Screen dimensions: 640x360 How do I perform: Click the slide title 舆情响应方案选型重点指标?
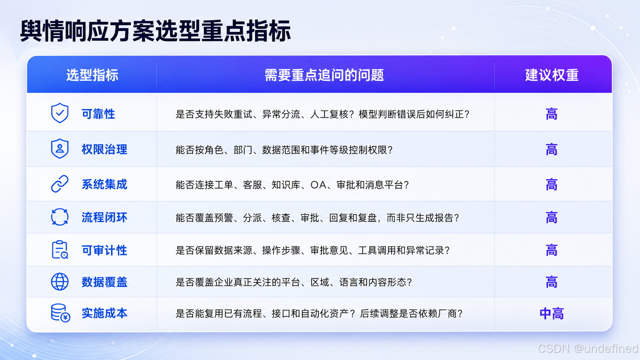pos(155,31)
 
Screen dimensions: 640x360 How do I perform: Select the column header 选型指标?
pos(92,75)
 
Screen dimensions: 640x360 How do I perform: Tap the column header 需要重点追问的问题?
pos(324,75)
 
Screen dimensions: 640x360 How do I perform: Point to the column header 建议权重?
pos(552,75)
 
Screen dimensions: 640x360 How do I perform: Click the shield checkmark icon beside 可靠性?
pos(60,113)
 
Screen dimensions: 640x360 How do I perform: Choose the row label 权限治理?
pos(104,149)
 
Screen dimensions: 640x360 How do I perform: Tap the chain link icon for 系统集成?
pos(60,184)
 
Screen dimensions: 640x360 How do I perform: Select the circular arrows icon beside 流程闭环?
pos(60,217)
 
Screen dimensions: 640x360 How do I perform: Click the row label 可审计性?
pos(104,250)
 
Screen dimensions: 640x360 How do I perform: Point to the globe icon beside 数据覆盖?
pos(60,282)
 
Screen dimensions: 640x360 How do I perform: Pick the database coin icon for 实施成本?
pos(60,313)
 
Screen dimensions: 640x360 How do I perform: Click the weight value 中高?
pos(552,314)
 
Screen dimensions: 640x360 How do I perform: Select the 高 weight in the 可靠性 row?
pos(552,114)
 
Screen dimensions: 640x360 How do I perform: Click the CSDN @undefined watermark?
pos(588,349)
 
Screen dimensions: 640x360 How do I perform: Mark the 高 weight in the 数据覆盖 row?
pos(552,282)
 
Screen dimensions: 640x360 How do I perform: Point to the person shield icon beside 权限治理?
pos(60,148)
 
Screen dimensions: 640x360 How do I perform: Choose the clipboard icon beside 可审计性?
pos(60,249)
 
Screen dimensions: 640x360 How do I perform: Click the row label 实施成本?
pos(104,313)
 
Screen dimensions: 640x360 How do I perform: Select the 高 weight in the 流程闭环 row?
pos(552,218)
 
